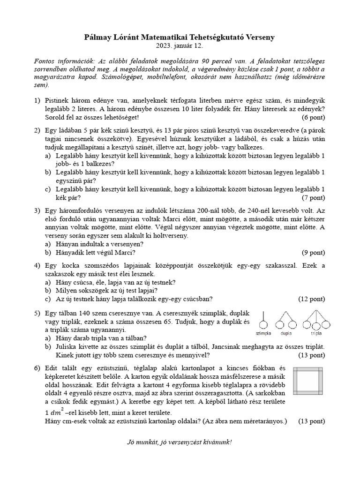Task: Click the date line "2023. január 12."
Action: coord(180,46)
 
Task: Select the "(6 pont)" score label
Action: coord(311,117)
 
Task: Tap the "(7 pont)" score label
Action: coord(311,197)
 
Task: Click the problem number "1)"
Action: coord(37,101)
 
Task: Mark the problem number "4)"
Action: coord(37,266)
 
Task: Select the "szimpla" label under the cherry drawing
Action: coord(264,334)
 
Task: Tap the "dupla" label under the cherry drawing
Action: coord(286,334)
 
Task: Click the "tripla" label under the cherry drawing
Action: coord(316,334)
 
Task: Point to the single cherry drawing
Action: coord(264,320)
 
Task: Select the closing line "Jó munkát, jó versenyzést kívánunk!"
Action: coord(180,442)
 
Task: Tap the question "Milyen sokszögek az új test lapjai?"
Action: coord(106,290)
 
